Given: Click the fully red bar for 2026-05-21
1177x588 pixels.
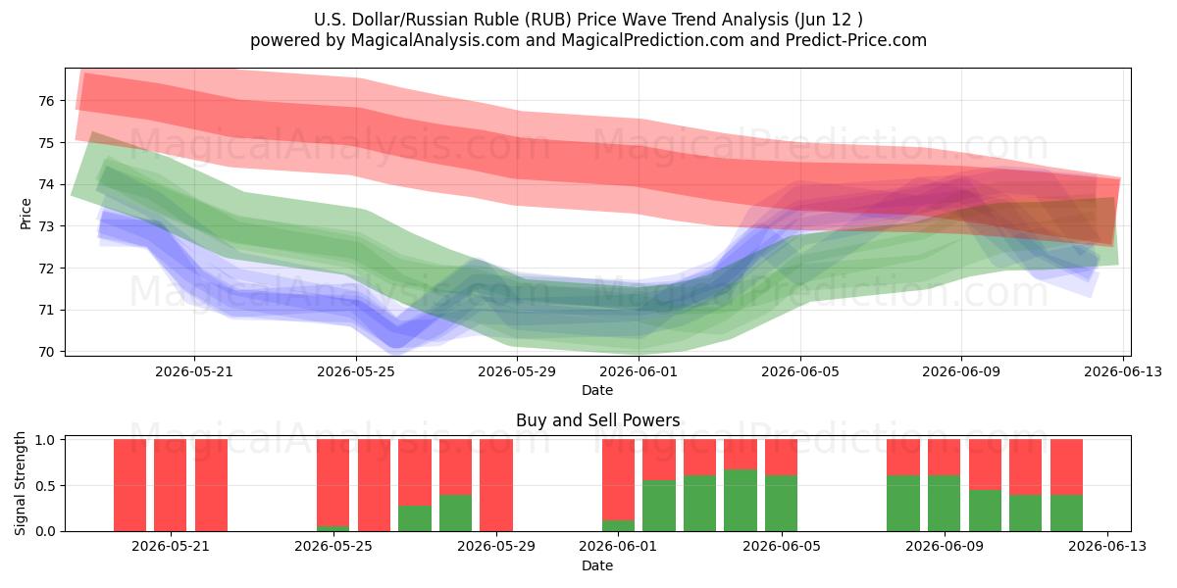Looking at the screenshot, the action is [171, 485].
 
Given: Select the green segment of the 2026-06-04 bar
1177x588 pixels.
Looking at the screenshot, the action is [741, 501].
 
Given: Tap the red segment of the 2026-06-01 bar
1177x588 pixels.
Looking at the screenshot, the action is [619, 480].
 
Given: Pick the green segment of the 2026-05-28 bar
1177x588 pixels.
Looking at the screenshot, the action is [455, 513].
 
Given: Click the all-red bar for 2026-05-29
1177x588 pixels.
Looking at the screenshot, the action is [496, 485].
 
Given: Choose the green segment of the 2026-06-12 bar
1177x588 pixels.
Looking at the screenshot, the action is [1067, 513].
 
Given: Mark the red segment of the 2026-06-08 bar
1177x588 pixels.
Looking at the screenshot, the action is [903, 458].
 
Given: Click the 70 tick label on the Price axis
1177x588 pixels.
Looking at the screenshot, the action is [46, 352].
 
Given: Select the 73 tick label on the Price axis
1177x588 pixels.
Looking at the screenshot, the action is [46, 226].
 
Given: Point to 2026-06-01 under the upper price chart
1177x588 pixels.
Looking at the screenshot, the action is [639, 371].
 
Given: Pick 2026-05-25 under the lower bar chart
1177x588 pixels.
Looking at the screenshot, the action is [333, 547].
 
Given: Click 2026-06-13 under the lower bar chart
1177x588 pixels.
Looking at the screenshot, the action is [1107, 547].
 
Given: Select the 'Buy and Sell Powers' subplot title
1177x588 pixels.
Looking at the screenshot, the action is [598, 420].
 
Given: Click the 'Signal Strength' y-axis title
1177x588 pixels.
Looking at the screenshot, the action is [20, 483].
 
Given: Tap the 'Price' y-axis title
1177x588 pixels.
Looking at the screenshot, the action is [26, 215].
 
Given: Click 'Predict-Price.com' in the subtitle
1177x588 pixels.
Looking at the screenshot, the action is [856, 40].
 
